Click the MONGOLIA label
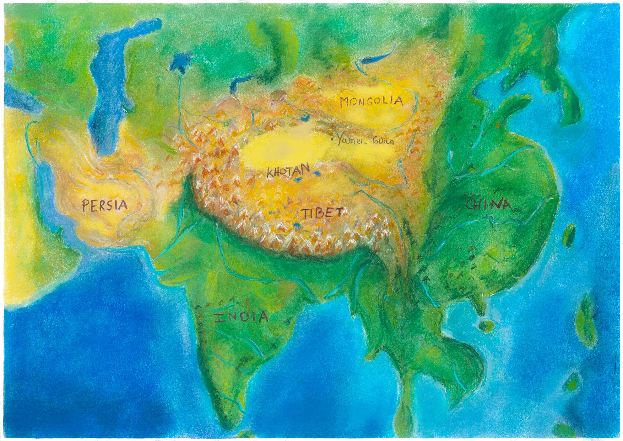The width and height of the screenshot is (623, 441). coord(371,101)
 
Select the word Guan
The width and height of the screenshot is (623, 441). coord(383,142)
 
